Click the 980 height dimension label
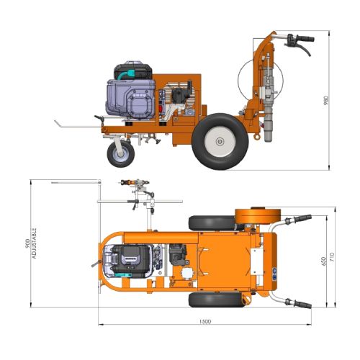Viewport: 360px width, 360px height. (326, 100)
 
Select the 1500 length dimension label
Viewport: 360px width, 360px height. (205, 322)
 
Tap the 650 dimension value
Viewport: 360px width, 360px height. (324, 261)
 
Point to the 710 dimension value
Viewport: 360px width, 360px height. (332, 257)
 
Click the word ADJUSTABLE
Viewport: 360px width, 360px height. (35, 243)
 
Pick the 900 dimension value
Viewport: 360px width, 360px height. (27, 243)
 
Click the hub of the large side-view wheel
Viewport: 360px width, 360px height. (220, 141)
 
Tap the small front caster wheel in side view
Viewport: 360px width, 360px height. (121, 154)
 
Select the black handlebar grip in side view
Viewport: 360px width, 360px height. (305, 38)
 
